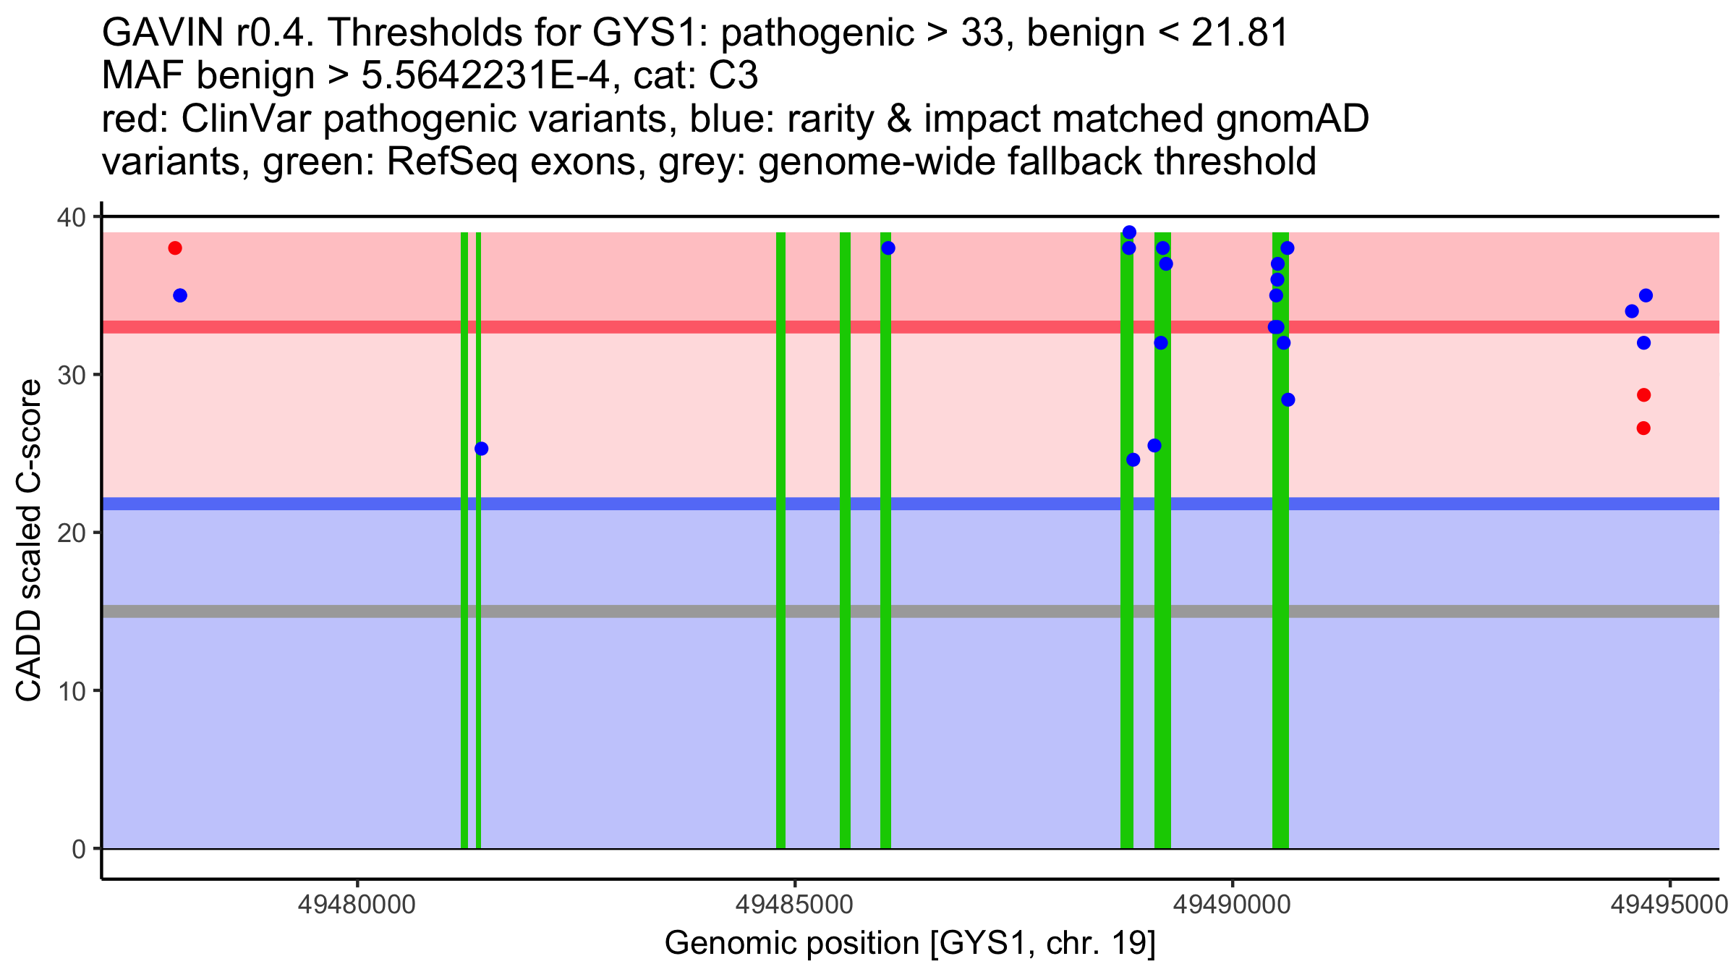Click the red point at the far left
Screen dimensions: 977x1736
[175, 248]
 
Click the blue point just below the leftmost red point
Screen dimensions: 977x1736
[180, 295]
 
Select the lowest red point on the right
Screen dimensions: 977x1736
[1643, 428]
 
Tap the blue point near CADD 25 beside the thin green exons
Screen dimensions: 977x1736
[481, 449]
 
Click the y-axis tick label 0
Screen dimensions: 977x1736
[78, 849]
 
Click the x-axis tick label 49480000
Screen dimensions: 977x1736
[357, 905]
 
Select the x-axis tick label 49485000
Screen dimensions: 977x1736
[794, 905]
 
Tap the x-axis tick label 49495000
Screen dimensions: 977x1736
[1669, 905]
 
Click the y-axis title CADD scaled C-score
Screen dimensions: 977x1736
[29, 541]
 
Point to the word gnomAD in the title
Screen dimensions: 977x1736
[1292, 119]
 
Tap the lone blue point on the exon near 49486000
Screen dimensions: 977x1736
[888, 248]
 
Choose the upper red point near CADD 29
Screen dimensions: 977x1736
[1643, 394]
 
